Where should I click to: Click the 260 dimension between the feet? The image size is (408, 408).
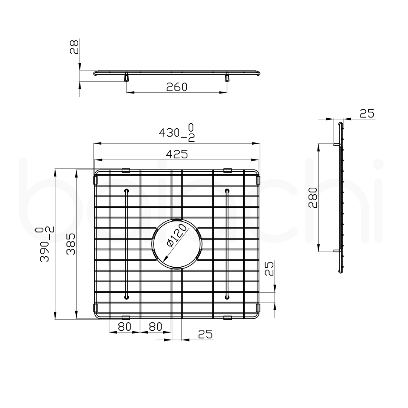(x=177, y=87)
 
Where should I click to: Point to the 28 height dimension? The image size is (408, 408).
(x=75, y=47)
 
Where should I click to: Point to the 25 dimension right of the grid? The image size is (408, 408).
(x=269, y=268)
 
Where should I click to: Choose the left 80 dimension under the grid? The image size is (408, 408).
(x=125, y=327)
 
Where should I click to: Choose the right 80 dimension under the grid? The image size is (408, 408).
(x=155, y=327)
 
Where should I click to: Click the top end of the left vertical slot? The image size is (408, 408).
(x=127, y=191)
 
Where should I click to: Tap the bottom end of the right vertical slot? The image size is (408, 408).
(x=226, y=296)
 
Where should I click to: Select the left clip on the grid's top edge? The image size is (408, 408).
(x=126, y=170)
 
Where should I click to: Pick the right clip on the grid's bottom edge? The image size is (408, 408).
(x=228, y=317)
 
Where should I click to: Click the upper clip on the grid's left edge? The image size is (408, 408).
(x=95, y=180)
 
